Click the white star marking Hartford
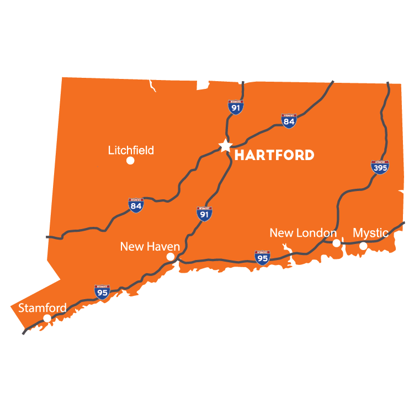[225, 145]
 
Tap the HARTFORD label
[274, 155]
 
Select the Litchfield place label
[131, 150]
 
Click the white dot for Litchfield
[130, 161]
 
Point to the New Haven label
[150, 246]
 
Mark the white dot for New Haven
[171, 257]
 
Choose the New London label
[302, 233]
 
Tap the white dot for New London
[336, 243]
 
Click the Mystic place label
[370, 232]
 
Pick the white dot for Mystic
[363, 246]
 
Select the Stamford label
[43, 307]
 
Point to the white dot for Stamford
[47, 318]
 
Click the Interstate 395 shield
[379, 167]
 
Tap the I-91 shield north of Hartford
[236, 107]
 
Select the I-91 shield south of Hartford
[204, 214]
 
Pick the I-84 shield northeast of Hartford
[289, 121]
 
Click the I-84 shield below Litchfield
[136, 205]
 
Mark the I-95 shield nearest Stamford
[102, 292]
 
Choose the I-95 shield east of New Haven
[263, 258]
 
